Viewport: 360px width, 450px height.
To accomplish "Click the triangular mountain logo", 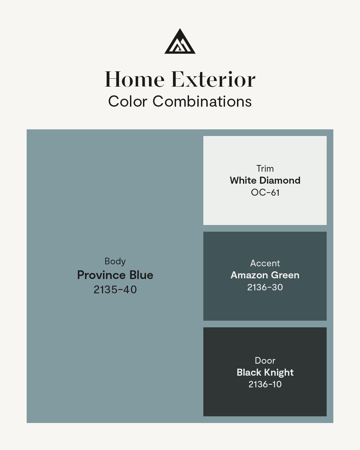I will point(180,42).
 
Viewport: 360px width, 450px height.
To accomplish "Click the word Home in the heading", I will point(134,79).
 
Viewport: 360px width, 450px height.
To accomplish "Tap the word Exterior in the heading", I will point(213,79).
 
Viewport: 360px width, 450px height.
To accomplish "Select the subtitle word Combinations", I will point(202,101).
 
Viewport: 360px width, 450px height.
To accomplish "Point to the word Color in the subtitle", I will point(128,101).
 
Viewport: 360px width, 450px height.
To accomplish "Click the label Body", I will point(115,261).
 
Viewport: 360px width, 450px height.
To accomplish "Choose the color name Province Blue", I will point(115,275).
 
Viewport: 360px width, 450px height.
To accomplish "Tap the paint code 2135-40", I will point(115,289).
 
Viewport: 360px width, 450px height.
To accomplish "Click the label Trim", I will point(265,168).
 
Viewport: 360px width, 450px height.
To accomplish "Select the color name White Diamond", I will point(265,180).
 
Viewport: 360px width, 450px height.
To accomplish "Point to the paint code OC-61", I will point(265,193).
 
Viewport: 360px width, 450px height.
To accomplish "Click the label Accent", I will point(265,263).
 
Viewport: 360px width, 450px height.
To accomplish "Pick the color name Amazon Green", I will point(265,275).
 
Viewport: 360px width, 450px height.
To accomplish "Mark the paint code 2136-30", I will point(265,287).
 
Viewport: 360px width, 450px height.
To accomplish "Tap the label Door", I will point(265,360).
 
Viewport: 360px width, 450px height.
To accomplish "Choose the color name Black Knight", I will point(265,372).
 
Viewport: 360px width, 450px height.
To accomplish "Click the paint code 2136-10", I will point(265,384).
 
